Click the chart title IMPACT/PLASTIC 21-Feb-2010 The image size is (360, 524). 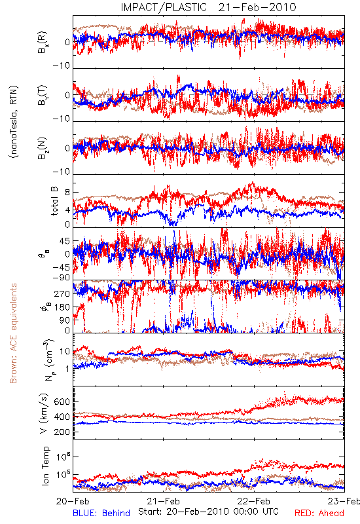(x=208, y=7)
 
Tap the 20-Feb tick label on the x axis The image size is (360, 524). (x=73, y=501)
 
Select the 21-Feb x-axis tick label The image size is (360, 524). (x=163, y=501)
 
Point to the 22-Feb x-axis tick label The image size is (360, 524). (x=254, y=501)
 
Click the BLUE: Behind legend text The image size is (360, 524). (x=101, y=513)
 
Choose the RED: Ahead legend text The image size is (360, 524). (x=319, y=513)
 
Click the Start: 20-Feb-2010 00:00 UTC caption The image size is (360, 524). (x=208, y=512)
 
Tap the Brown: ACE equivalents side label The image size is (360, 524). (x=13, y=333)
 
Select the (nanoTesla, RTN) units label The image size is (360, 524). (x=14, y=122)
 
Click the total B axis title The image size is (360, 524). (x=54, y=201)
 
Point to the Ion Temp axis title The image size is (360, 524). (x=46, y=466)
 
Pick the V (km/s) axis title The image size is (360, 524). (x=45, y=413)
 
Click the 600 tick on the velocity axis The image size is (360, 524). (x=62, y=402)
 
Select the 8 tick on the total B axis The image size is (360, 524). (x=67, y=192)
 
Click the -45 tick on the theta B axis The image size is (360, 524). (x=61, y=268)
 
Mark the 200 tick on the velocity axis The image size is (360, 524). (x=62, y=432)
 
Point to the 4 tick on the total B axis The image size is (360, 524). (x=67, y=210)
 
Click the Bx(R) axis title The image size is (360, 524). (x=43, y=43)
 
